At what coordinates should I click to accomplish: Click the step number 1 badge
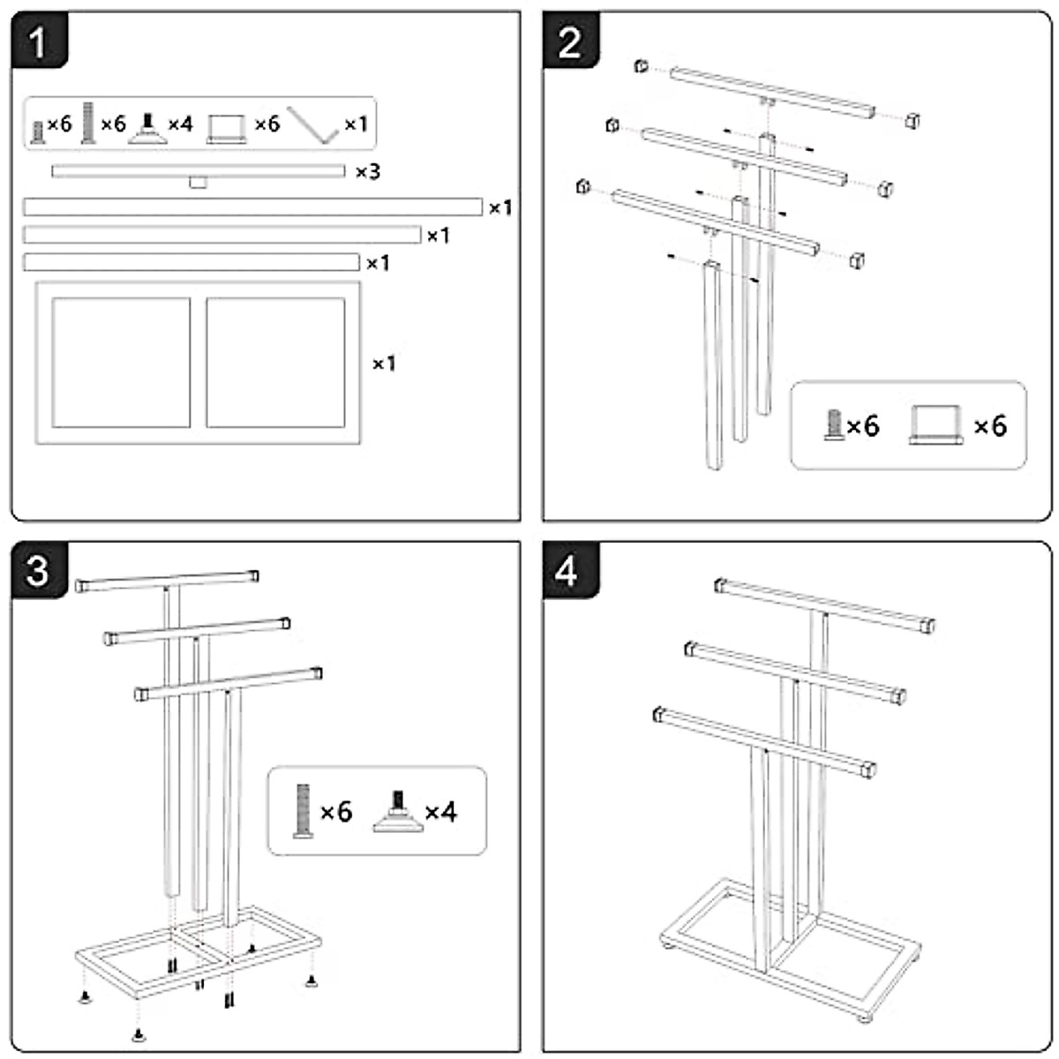[38, 41]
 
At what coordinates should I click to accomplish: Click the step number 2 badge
[570, 41]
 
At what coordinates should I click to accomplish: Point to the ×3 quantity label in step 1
[367, 171]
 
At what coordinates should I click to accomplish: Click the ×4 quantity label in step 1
[179, 124]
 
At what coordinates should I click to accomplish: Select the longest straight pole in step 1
[252, 207]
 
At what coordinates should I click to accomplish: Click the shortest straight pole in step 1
[191, 262]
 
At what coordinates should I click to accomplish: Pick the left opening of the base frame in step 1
[121, 362]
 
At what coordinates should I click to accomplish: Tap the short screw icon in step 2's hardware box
[832, 426]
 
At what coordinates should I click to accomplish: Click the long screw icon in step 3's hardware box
[303, 811]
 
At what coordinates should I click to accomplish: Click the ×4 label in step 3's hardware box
[441, 811]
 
